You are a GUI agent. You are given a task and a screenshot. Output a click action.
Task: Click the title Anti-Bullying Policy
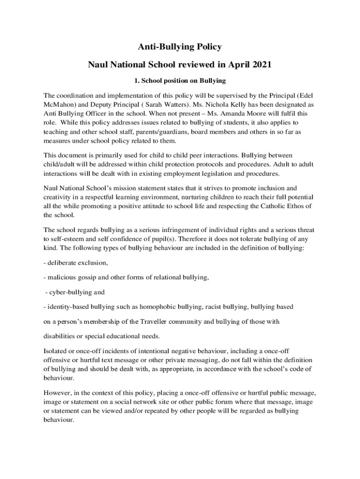click(180, 47)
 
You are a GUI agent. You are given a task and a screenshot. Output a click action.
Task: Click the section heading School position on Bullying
click(183, 80)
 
